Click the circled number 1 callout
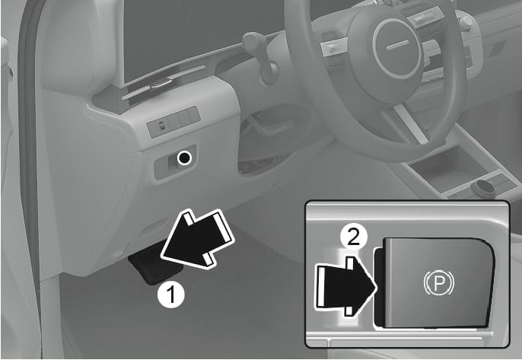click(x=170, y=294)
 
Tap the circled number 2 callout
click(x=354, y=237)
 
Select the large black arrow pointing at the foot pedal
click(x=197, y=238)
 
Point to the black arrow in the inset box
click(x=346, y=286)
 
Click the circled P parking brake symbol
click(x=439, y=283)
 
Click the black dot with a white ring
click(x=184, y=158)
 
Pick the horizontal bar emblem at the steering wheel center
click(x=397, y=45)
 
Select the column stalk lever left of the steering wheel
click(x=261, y=56)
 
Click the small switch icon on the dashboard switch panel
click(x=161, y=126)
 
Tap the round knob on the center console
click(x=483, y=188)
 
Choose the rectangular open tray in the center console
click(x=445, y=165)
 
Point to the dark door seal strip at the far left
click(x=30, y=133)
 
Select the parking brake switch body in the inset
click(x=434, y=282)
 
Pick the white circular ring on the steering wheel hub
click(x=397, y=46)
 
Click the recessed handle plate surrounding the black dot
click(x=175, y=162)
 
